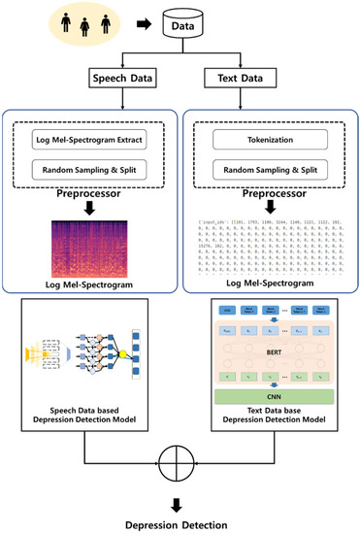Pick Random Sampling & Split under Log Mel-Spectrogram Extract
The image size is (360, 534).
[91, 173]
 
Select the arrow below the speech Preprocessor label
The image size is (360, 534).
[90, 206]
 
